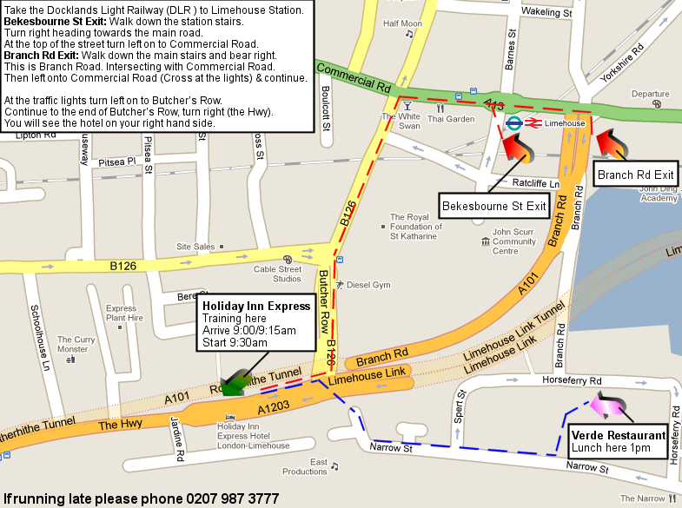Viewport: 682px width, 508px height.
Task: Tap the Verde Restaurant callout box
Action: tap(619, 442)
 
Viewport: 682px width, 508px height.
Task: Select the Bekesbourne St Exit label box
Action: tap(494, 206)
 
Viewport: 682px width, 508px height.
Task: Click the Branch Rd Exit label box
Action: tap(635, 175)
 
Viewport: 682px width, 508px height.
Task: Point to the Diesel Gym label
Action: tap(370, 284)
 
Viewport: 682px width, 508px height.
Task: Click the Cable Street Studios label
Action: tap(278, 274)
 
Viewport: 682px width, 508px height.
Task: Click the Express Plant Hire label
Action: tap(124, 313)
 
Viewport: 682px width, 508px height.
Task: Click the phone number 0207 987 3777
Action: tap(231, 498)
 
